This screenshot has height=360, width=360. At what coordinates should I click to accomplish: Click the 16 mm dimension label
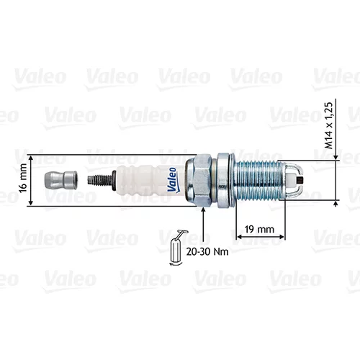coord(23,178)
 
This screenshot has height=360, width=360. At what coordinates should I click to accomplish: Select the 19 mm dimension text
coord(259,229)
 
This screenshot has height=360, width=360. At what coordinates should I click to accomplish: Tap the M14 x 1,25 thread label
coord(329,126)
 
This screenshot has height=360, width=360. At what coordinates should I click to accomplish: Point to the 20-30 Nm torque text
coord(207,251)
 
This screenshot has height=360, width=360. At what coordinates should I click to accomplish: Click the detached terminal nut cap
coord(60,180)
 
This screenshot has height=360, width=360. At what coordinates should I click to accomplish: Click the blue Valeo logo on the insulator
coord(172,179)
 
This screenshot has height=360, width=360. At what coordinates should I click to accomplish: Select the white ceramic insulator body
coord(151,180)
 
